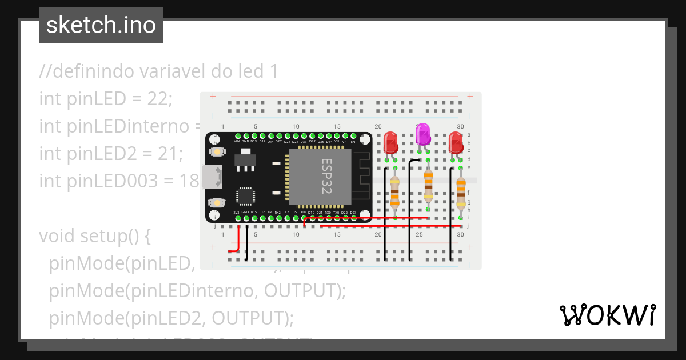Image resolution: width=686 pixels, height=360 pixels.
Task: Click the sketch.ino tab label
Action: pos(101,25)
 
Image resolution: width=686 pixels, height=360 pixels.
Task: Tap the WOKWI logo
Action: pos(607,315)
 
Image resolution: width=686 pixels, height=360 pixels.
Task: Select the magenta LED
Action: pos(423,134)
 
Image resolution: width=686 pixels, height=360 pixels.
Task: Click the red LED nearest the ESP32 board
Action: pos(391,143)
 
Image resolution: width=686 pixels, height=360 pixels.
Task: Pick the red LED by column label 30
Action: pos(456,143)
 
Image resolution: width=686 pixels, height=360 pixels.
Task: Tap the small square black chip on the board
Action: pos(246,195)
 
